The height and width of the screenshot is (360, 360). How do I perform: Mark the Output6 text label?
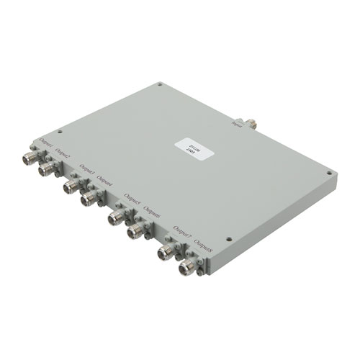pos(151,209)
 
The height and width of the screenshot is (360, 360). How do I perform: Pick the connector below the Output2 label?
pos(48,168)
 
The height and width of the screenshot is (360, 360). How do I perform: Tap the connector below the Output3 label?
pos(70,186)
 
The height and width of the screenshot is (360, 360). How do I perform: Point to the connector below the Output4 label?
pos(89,198)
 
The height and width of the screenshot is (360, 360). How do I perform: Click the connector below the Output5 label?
pos(115,216)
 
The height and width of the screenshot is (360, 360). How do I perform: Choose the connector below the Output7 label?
pos(166,252)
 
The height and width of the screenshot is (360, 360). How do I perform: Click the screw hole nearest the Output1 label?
pos(60,132)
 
